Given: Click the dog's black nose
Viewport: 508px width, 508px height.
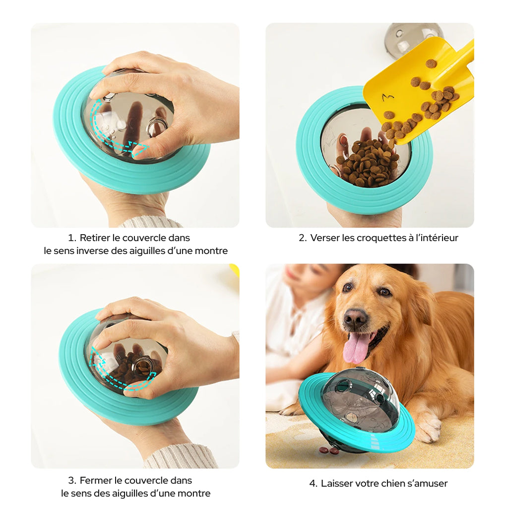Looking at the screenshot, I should pos(356,318).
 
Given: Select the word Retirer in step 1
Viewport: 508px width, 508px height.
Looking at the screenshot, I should pos(96,238).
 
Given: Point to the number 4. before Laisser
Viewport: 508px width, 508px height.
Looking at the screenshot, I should pos(313,483).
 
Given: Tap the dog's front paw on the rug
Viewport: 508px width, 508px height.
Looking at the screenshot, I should pos(428,428).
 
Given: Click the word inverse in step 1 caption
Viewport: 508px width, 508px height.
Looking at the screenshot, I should pos(92,251).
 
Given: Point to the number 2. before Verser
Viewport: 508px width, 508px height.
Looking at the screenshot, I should pos(303,238).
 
